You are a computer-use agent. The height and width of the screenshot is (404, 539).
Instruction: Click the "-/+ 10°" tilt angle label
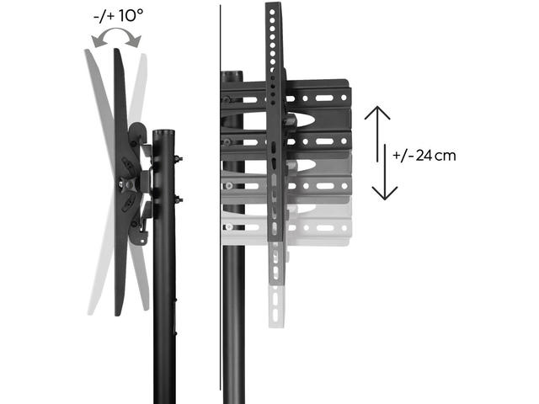(118, 16)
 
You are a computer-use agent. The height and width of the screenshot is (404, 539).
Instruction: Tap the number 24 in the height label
(424, 156)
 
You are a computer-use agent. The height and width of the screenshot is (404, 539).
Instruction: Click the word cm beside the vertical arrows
(446, 157)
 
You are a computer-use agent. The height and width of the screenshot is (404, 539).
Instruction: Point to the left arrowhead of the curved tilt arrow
(98, 41)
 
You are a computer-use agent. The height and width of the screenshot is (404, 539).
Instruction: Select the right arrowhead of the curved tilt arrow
(134, 41)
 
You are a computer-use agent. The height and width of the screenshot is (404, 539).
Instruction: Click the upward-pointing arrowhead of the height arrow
(377, 112)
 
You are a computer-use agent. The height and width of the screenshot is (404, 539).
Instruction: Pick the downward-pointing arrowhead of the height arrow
(385, 193)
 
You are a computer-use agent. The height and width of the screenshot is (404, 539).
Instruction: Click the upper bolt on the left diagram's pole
(178, 159)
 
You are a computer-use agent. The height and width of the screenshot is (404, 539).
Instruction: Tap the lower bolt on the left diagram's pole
(179, 199)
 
